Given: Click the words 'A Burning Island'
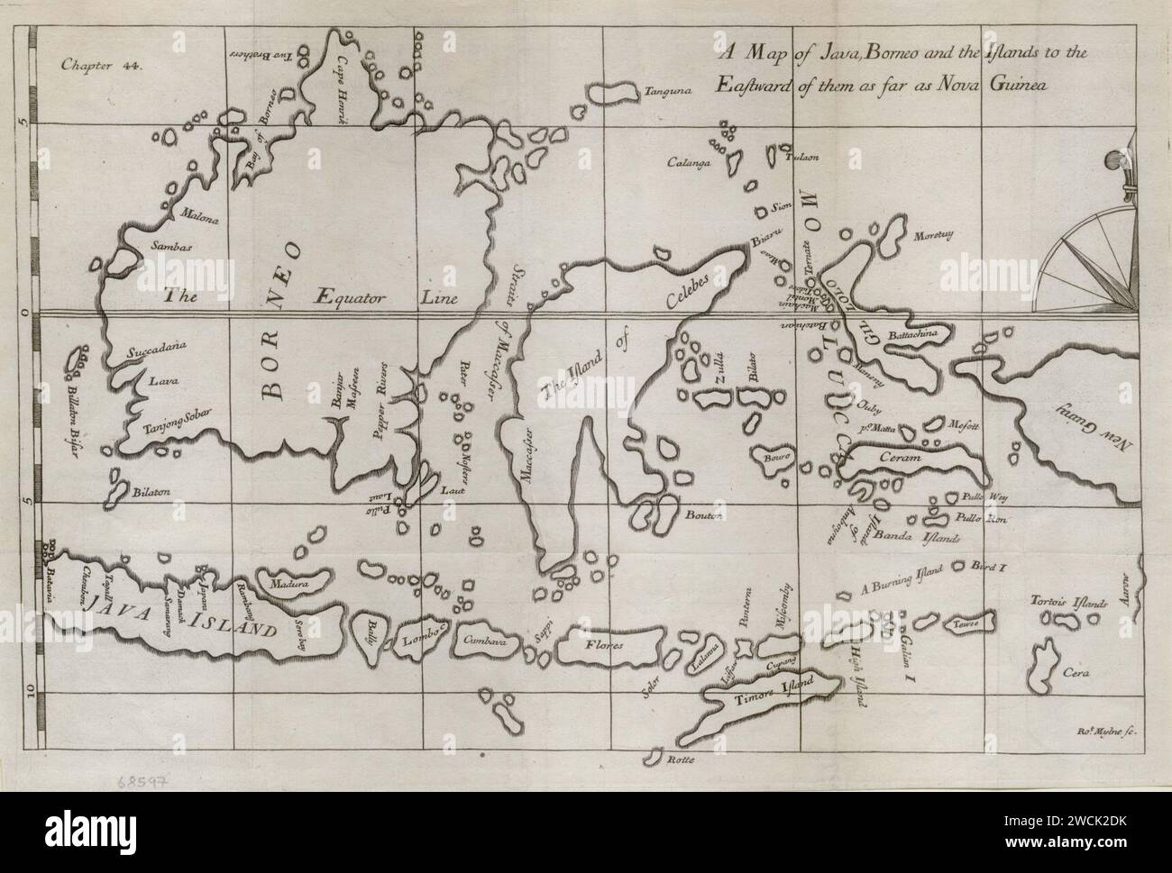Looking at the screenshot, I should [902, 580].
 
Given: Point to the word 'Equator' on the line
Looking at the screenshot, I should [351, 297].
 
